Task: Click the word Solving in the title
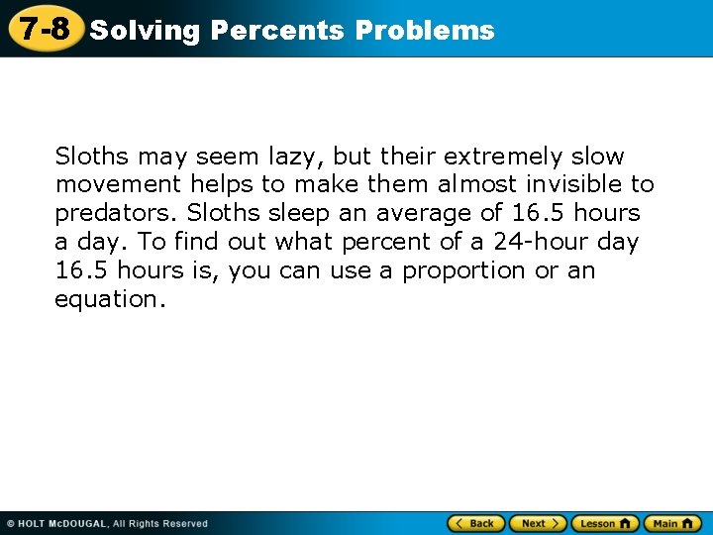[x=145, y=31]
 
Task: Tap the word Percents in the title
[x=277, y=31]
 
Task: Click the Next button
[x=538, y=523]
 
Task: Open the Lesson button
[x=604, y=523]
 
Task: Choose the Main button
[x=672, y=523]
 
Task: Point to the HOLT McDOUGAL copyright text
[x=107, y=523]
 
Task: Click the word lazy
[x=296, y=157]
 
